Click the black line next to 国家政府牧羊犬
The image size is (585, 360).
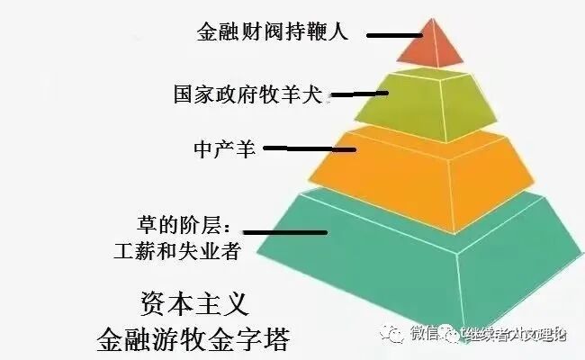358,93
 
